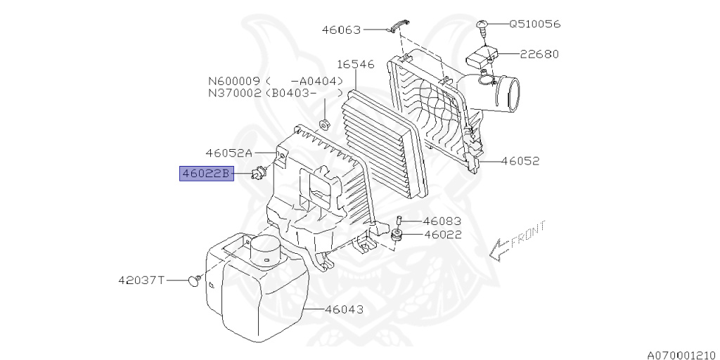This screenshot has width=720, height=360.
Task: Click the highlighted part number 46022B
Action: click(x=206, y=174)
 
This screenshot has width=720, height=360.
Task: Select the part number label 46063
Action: click(x=342, y=30)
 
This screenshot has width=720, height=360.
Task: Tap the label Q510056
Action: click(x=535, y=23)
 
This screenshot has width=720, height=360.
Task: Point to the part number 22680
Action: click(x=539, y=54)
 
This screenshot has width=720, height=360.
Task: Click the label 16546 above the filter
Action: click(x=356, y=64)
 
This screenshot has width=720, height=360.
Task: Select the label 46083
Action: click(x=442, y=221)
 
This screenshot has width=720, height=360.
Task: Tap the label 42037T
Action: click(x=141, y=280)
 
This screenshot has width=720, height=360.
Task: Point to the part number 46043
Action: click(x=344, y=309)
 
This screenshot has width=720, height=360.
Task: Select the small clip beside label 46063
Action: click(x=399, y=27)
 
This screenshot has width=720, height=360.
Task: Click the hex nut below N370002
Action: click(x=323, y=124)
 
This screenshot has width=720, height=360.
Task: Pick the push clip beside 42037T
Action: click(x=195, y=280)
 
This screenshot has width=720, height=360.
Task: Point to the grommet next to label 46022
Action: click(x=397, y=236)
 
